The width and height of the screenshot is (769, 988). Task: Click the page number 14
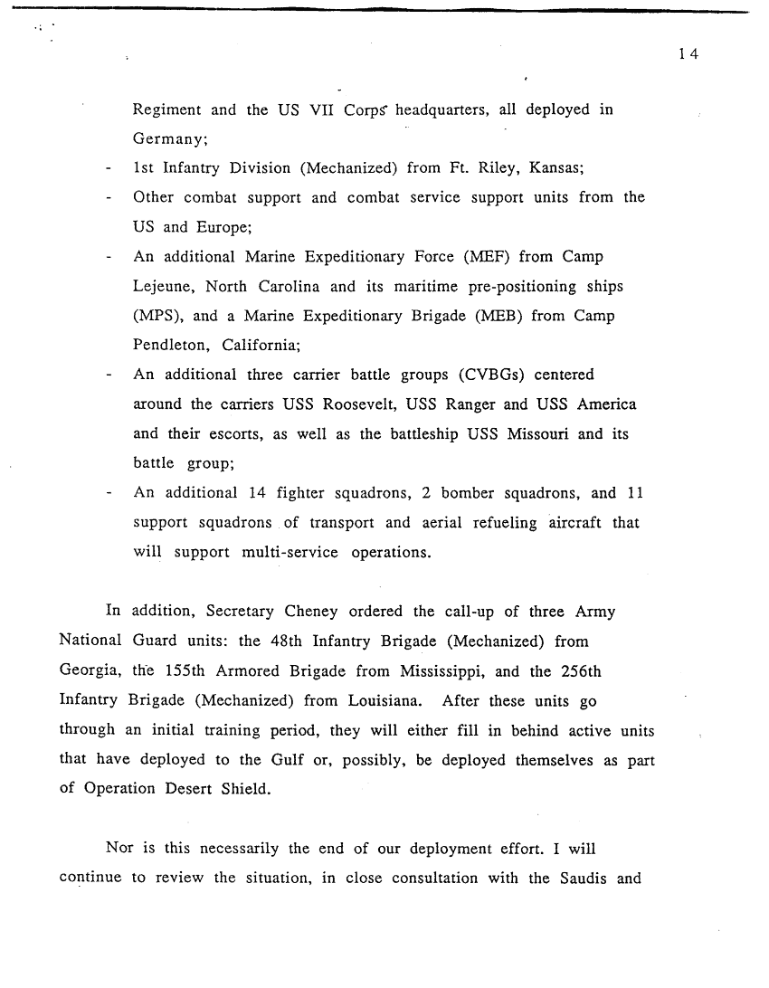coord(688,54)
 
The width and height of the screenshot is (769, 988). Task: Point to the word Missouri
coord(530,433)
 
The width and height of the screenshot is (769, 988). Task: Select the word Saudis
coord(578,878)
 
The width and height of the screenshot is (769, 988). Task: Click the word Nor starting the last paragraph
coord(119,849)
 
